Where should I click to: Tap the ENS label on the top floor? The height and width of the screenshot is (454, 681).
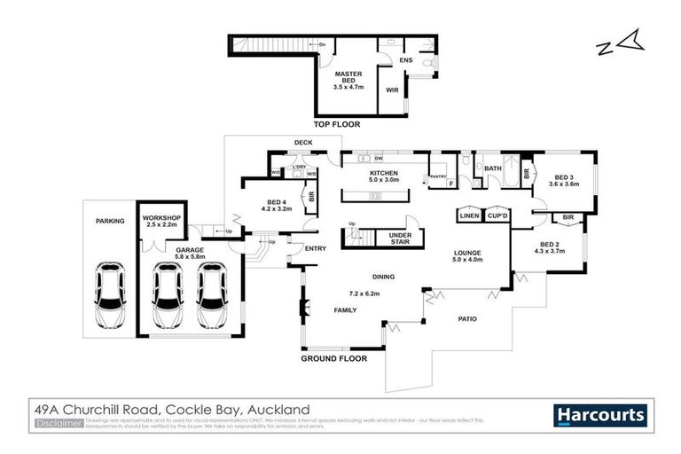point(406,60)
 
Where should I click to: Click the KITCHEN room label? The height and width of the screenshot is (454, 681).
point(384,173)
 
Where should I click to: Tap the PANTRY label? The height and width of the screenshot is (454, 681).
point(437,176)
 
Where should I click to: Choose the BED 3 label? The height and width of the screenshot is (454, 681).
point(564,178)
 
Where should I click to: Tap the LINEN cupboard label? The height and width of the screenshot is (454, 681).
point(469,215)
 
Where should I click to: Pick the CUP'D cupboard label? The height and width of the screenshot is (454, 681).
point(497,215)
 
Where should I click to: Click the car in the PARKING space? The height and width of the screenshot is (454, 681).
point(110,295)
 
